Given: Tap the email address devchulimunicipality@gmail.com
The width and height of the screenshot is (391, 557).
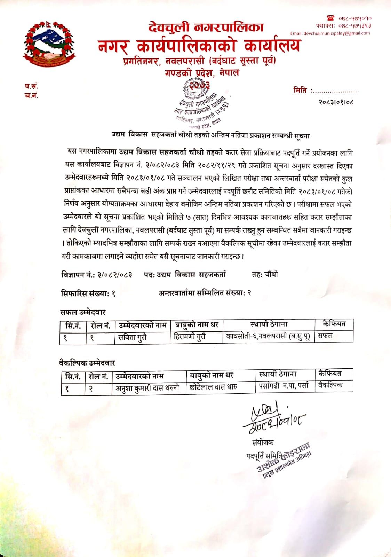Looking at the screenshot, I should point(330,33).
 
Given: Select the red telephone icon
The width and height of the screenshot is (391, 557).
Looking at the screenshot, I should point(330,18).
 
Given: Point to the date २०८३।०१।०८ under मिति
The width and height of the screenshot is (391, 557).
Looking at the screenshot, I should point(336,102).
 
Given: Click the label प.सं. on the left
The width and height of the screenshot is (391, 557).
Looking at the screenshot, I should point(31,86).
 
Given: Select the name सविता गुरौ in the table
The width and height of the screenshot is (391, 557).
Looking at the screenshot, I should point(132,337).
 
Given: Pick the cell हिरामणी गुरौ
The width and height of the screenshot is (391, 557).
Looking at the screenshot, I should point(190,337).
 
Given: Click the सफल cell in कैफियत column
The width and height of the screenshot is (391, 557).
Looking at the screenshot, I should point(325,336).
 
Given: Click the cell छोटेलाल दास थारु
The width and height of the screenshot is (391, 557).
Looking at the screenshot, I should point(213,387).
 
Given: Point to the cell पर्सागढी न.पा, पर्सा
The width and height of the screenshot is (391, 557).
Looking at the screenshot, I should point(284,386).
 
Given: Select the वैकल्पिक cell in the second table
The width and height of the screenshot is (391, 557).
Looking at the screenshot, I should point(330,385).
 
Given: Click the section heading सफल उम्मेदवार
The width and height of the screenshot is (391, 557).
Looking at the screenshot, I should point(83,312).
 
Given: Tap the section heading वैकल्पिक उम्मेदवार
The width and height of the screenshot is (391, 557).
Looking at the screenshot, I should point(87,363).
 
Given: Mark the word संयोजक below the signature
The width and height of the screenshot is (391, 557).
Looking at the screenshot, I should point(263,442).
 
